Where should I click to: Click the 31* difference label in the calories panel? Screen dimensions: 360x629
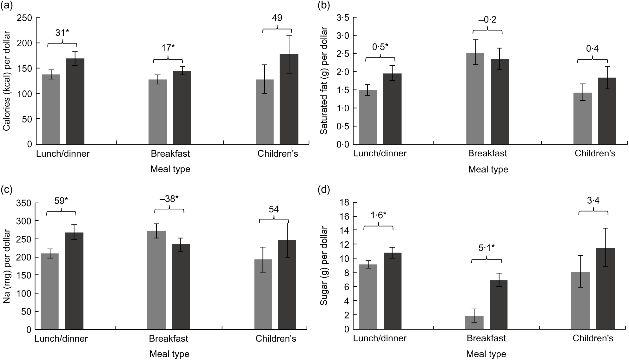pos(62,33)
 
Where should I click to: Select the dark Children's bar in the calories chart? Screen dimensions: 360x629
pos(289,99)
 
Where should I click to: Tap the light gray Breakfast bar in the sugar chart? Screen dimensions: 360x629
pos(474,322)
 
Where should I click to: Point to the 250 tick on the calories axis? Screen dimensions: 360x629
pos(25,18)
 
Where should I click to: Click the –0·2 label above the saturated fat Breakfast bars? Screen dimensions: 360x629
pos(487,20)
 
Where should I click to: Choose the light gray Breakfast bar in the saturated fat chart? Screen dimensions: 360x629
pos(475,98)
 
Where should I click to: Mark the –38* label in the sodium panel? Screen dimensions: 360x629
pos(169,199)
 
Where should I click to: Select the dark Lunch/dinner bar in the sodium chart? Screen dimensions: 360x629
pos(74,281)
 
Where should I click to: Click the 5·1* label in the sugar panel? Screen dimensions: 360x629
pos(487,248)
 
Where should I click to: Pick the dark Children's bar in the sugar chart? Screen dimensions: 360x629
pos(605,288)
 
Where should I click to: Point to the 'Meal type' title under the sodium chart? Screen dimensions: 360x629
pos(169,354)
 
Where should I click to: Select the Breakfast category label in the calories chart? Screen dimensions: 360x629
pos(170,154)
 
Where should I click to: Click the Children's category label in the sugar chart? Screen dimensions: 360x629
pos(593,338)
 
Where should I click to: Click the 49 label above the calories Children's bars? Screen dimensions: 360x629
pos(277,18)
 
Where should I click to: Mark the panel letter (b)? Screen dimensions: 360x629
pos(324,5)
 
